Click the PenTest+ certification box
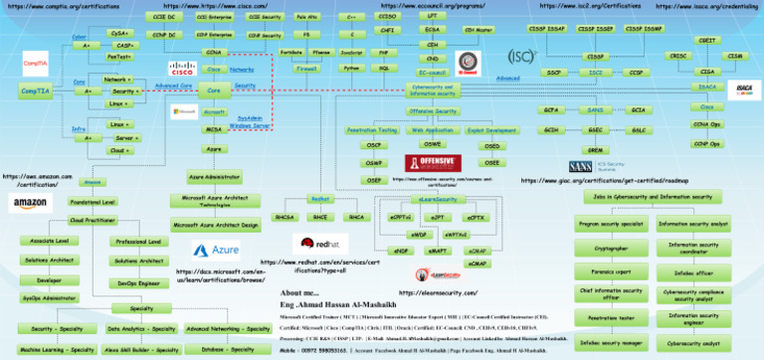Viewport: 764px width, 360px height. (x=117, y=58)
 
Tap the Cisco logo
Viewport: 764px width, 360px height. (x=182, y=70)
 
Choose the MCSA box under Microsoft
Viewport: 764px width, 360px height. (x=213, y=129)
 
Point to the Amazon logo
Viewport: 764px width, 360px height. (x=30, y=203)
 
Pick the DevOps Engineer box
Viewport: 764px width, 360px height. (x=138, y=283)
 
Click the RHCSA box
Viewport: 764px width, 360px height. (x=285, y=217)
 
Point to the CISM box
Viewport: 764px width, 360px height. (x=735, y=57)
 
